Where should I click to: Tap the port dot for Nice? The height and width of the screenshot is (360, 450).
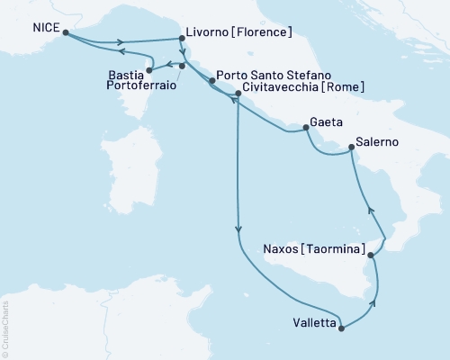click(x=66, y=33)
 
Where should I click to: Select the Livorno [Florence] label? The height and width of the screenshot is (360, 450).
click(x=240, y=33)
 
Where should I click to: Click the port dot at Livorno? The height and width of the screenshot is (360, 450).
click(x=183, y=39)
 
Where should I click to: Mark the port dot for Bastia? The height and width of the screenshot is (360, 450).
click(x=149, y=70)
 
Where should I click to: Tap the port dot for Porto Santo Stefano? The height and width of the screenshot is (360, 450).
click(x=211, y=81)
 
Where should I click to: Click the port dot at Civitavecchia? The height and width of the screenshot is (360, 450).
click(x=238, y=93)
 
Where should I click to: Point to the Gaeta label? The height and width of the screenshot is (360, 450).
click(x=325, y=121)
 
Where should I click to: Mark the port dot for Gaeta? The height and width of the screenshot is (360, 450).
click(x=306, y=128)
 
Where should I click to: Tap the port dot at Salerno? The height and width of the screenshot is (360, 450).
click(x=351, y=151)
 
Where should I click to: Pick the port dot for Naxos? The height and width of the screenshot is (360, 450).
click(x=370, y=256)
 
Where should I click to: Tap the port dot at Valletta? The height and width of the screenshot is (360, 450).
click(x=340, y=328)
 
